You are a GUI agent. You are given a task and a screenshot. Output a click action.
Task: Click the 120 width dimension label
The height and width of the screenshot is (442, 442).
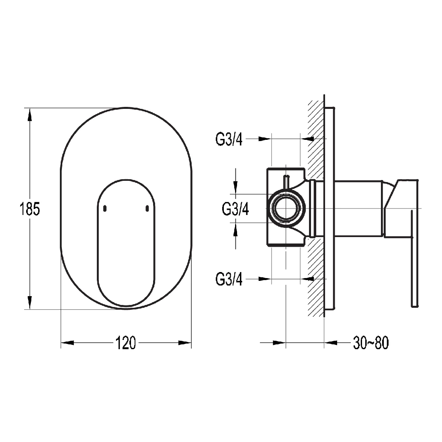(126, 343)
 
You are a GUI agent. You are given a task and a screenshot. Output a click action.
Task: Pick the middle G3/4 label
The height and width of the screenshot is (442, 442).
(235, 209)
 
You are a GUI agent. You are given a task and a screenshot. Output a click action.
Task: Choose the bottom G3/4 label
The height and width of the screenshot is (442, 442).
(229, 278)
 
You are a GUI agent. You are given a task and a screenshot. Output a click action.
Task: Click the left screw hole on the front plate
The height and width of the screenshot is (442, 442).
(105, 208)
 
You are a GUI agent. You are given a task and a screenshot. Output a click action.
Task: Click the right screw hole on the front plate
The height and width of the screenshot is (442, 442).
(147, 208)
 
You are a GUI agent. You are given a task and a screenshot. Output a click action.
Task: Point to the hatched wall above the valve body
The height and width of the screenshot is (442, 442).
(316, 137)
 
